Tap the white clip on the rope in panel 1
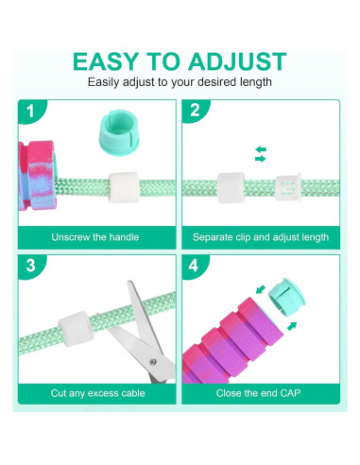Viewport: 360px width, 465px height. click(x=122, y=187)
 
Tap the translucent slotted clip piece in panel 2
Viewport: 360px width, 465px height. click(x=287, y=187)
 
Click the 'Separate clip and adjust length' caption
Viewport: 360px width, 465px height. click(x=261, y=236)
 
